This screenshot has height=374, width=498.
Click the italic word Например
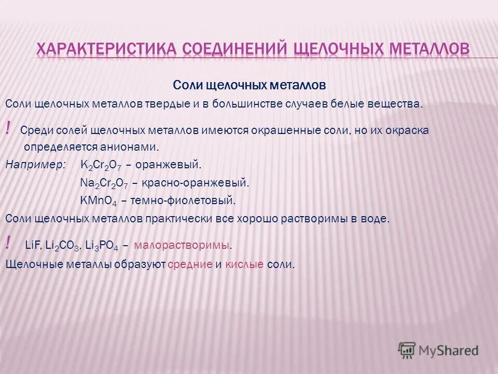36,165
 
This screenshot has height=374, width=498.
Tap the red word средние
190,264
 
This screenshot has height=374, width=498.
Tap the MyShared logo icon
407,349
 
